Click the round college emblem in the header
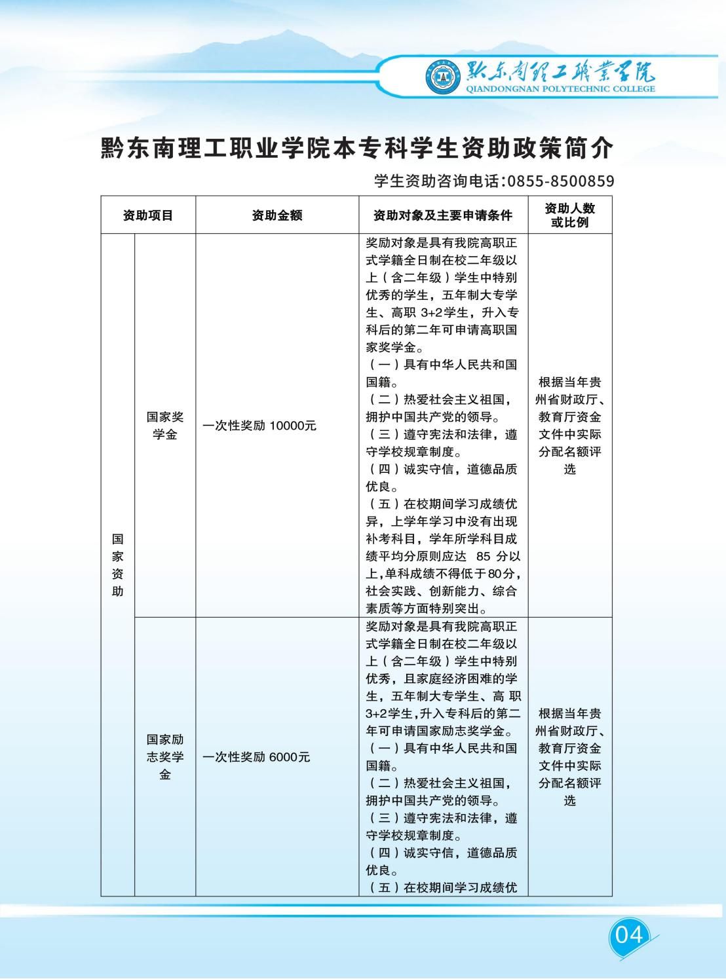444,77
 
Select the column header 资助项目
148,215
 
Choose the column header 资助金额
277,215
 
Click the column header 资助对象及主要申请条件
443,215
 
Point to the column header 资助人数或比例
569,215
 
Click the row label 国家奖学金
165,426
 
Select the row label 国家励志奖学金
165,757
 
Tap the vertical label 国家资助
117,565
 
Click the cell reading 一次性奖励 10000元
259,426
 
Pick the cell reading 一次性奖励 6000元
256,757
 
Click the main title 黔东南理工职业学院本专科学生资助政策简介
357,149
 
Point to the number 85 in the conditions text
484,557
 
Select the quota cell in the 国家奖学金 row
569,426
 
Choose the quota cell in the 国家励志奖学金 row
569,757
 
